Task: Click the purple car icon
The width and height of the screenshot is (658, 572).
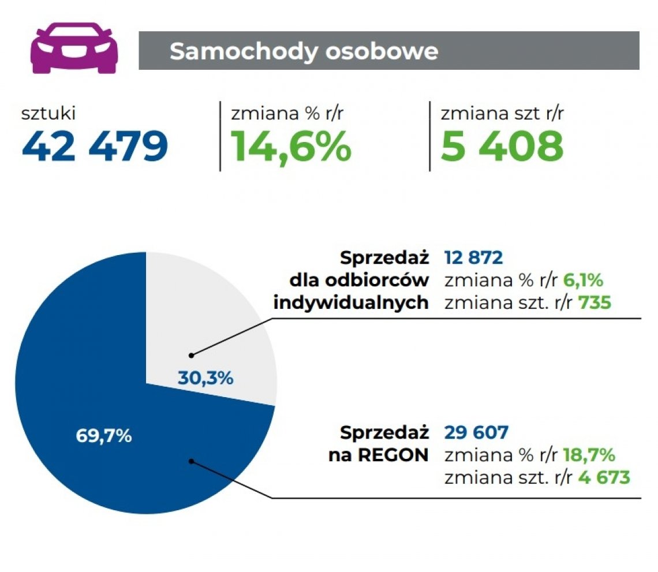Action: coord(74,50)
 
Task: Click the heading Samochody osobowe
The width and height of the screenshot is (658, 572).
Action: coord(304,51)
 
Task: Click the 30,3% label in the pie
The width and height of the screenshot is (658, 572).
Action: coord(205,379)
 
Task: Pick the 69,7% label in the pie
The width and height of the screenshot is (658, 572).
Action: coord(104,436)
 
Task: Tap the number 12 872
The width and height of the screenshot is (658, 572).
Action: coord(474,257)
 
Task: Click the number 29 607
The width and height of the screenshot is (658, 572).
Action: coord(476,432)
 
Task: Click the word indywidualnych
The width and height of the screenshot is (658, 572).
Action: coord(351,302)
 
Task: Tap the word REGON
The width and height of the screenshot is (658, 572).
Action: coord(392,455)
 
